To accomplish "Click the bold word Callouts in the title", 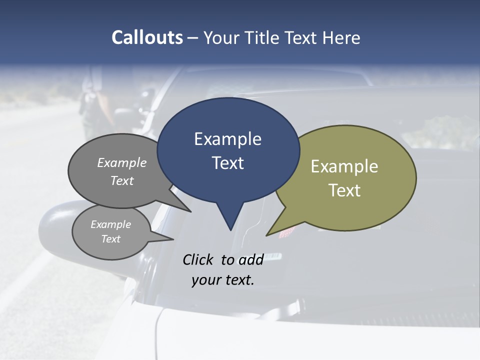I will [147, 37].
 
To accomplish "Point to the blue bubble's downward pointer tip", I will [230, 230].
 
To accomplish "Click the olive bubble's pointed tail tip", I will [267, 235].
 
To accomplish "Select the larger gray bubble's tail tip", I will [190, 211].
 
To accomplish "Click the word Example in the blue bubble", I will [227, 139].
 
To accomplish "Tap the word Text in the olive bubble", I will [344, 190].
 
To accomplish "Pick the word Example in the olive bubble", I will [344, 166].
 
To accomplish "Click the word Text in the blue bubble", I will [228, 163].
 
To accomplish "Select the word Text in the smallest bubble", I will [111, 239].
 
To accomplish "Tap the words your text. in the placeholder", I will [223, 280].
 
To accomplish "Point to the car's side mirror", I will [55, 230].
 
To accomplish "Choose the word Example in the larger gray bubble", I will [122, 163].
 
